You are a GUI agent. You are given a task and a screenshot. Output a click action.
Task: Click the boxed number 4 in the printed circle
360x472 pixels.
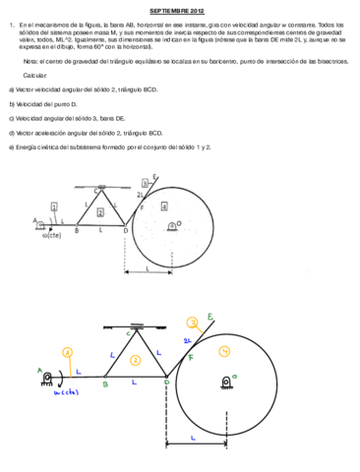click(x=164, y=206)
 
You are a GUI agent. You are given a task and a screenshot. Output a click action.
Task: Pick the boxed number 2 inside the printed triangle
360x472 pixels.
click(x=100, y=211)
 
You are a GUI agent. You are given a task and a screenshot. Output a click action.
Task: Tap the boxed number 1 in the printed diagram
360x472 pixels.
click(x=55, y=206)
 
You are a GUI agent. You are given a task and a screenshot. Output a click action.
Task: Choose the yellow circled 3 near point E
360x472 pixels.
click(x=194, y=320)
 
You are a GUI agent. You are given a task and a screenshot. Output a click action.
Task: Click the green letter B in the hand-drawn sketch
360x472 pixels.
click(x=104, y=385)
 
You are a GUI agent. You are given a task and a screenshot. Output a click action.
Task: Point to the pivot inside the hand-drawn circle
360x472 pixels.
click(x=226, y=382)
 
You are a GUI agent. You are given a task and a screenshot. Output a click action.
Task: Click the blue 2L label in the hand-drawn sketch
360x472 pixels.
click(x=187, y=340)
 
